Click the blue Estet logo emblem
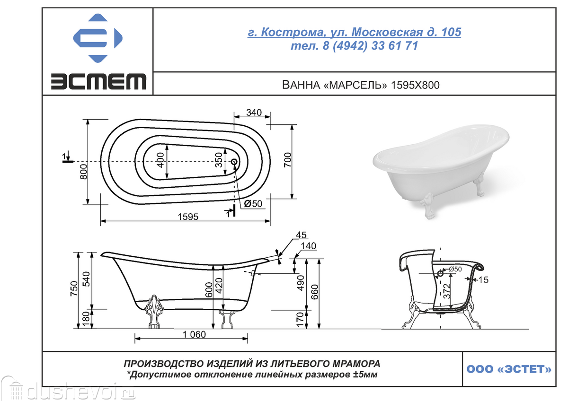(x=98, y=38)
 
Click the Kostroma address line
(x=354, y=32)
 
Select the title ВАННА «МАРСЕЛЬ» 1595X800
(x=361, y=85)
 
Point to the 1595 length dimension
(x=188, y=217)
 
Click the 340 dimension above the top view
(x=254, y=113)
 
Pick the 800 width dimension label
(x=83, y=172)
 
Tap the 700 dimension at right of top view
(x=288, y=160)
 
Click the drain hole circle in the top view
(x=234, y=162)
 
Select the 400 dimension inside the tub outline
(x=160, y=160)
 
